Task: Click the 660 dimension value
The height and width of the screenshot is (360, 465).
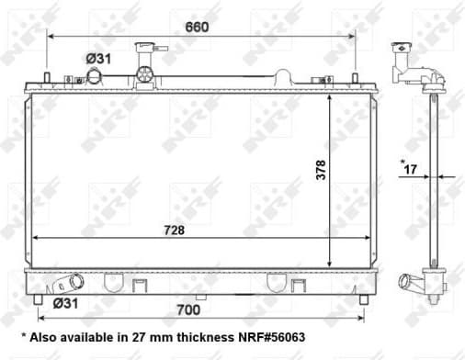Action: [x=197, y=27]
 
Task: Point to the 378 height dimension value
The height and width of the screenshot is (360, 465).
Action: [x=321, y=170]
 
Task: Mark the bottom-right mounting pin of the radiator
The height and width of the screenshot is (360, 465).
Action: [x=356, y=299]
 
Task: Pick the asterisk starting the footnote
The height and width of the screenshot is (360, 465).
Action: [x=24, y=337]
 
